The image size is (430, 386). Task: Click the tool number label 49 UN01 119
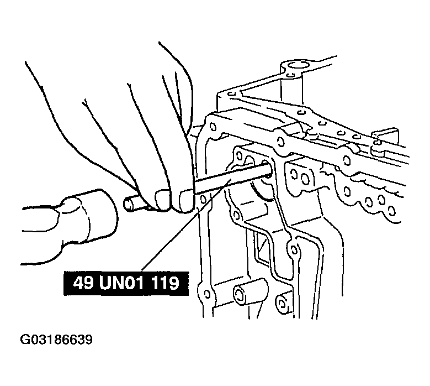[x=126, y=283]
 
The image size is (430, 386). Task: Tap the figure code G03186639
[x=56, y=340]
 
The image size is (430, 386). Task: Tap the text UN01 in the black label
[x=121, y=283]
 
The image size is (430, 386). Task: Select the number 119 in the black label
[x=164, y=283]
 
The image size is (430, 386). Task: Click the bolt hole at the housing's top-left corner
[x=212, y=127]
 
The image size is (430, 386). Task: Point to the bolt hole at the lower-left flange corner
[x=208, y=295]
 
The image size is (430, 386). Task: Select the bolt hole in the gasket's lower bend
[x=294, y=249]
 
